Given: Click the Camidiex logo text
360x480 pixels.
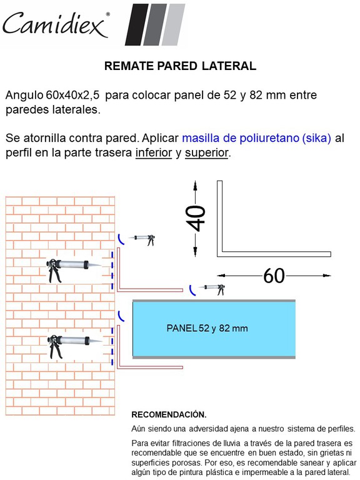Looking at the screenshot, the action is click(x=55, y=24).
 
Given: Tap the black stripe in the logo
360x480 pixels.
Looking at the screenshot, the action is click(x=137, y=24).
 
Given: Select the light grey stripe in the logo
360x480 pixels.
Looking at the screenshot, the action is click(x=173, y=24).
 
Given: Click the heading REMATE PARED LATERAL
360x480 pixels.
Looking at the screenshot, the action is click(x=180, y=66).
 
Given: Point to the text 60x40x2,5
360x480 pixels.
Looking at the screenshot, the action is click(x=73, y=95).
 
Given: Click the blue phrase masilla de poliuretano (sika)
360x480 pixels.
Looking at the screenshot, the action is click(x=256, y=138).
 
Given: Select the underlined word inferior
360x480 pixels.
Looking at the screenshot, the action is click(x=154, y=152).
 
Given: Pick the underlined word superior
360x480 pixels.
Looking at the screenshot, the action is click(x=206, y=152).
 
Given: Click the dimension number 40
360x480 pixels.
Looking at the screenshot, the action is click(x=196, y=218).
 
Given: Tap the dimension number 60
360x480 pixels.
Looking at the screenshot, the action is click(x=274, y=276).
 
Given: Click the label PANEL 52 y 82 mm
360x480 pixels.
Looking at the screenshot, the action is click(x=207, y=329).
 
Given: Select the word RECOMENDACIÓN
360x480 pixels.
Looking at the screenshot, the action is click(x=169, y=415).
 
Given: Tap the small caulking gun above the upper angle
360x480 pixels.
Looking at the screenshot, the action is click(x=144, y=239).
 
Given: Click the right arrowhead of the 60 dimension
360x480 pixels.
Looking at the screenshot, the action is click(x=327, y=276).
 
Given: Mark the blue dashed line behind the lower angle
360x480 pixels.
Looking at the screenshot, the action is click(x=112, y=346).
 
